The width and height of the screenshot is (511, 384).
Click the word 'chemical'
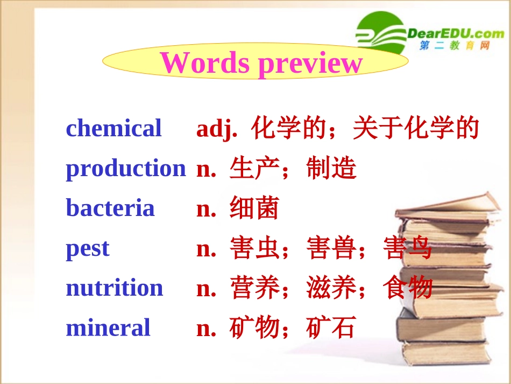click(113, 129)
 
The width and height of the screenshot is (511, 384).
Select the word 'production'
click(125, 169)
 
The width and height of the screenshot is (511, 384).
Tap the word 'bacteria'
click(110, 208)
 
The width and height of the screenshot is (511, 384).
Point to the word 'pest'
click(87, 249)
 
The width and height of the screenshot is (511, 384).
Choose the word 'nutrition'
click(114, 288)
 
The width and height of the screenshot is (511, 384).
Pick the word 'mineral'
click(108, 327)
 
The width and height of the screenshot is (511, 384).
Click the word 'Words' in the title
click(205, 62)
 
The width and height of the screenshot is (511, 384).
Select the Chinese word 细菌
click(254, 208)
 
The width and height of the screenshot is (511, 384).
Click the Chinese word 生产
click(254, 169)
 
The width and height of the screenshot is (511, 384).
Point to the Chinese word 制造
click(331, 169)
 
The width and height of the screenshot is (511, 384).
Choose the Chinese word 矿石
click(331, 327)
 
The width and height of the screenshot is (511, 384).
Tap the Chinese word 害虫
click(254, 248)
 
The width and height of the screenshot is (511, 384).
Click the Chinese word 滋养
click(331, 288)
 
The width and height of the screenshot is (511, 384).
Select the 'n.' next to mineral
click(207, 328)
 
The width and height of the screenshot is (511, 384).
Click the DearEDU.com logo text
click(456, 34)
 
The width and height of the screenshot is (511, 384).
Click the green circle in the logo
click(379, 32)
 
